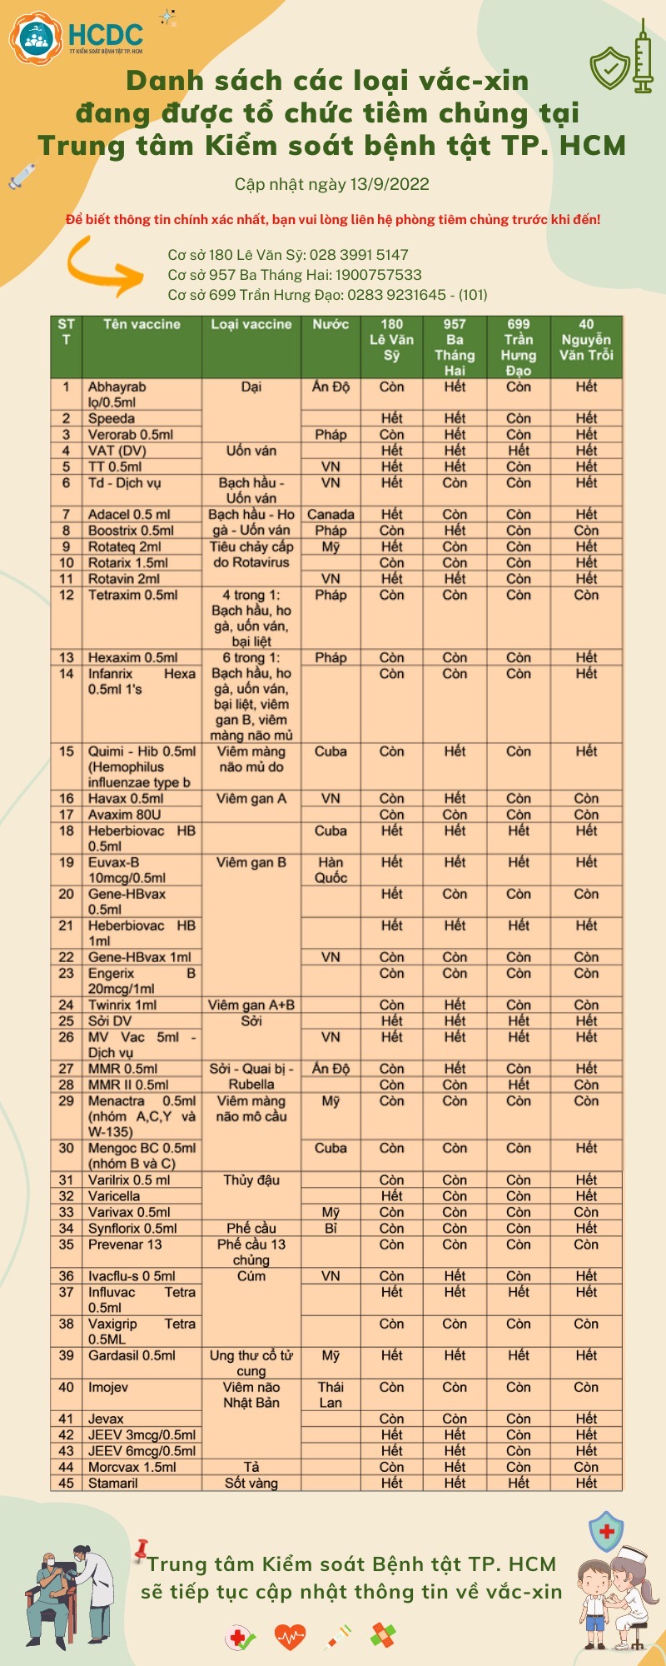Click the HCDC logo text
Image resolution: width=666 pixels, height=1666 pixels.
[x=105, y=35]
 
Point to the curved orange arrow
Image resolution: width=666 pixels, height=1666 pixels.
[x=104, y=266]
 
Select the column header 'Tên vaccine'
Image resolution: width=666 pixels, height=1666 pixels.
[x=142, y=325]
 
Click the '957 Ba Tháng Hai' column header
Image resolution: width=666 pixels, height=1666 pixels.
[x=455, y=347]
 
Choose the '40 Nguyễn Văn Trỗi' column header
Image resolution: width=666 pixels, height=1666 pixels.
[x=586, y=340]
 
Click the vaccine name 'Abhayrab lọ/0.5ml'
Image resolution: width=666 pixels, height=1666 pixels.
[x=118, y=394]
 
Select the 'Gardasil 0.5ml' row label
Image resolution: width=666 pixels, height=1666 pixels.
[x=132, y=1355]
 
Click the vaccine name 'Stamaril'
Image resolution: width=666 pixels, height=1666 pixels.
[x=113, y=1483]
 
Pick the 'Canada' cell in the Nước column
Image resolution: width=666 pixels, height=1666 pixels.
[x=331, y=515]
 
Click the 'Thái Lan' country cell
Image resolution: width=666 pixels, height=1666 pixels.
[x=331, y=1394]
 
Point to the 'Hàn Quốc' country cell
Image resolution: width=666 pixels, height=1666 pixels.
[x=331, y=870]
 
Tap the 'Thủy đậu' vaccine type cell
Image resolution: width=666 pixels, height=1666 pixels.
[x=251, y=1180]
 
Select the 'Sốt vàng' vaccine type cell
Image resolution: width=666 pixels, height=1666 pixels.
[x=251, y=1483]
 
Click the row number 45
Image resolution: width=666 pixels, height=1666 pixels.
[x=67, y=1483]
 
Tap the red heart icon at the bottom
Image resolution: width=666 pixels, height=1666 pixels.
[x=290, y=1638]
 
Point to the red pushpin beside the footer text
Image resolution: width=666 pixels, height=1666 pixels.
[x=141, y=1549]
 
